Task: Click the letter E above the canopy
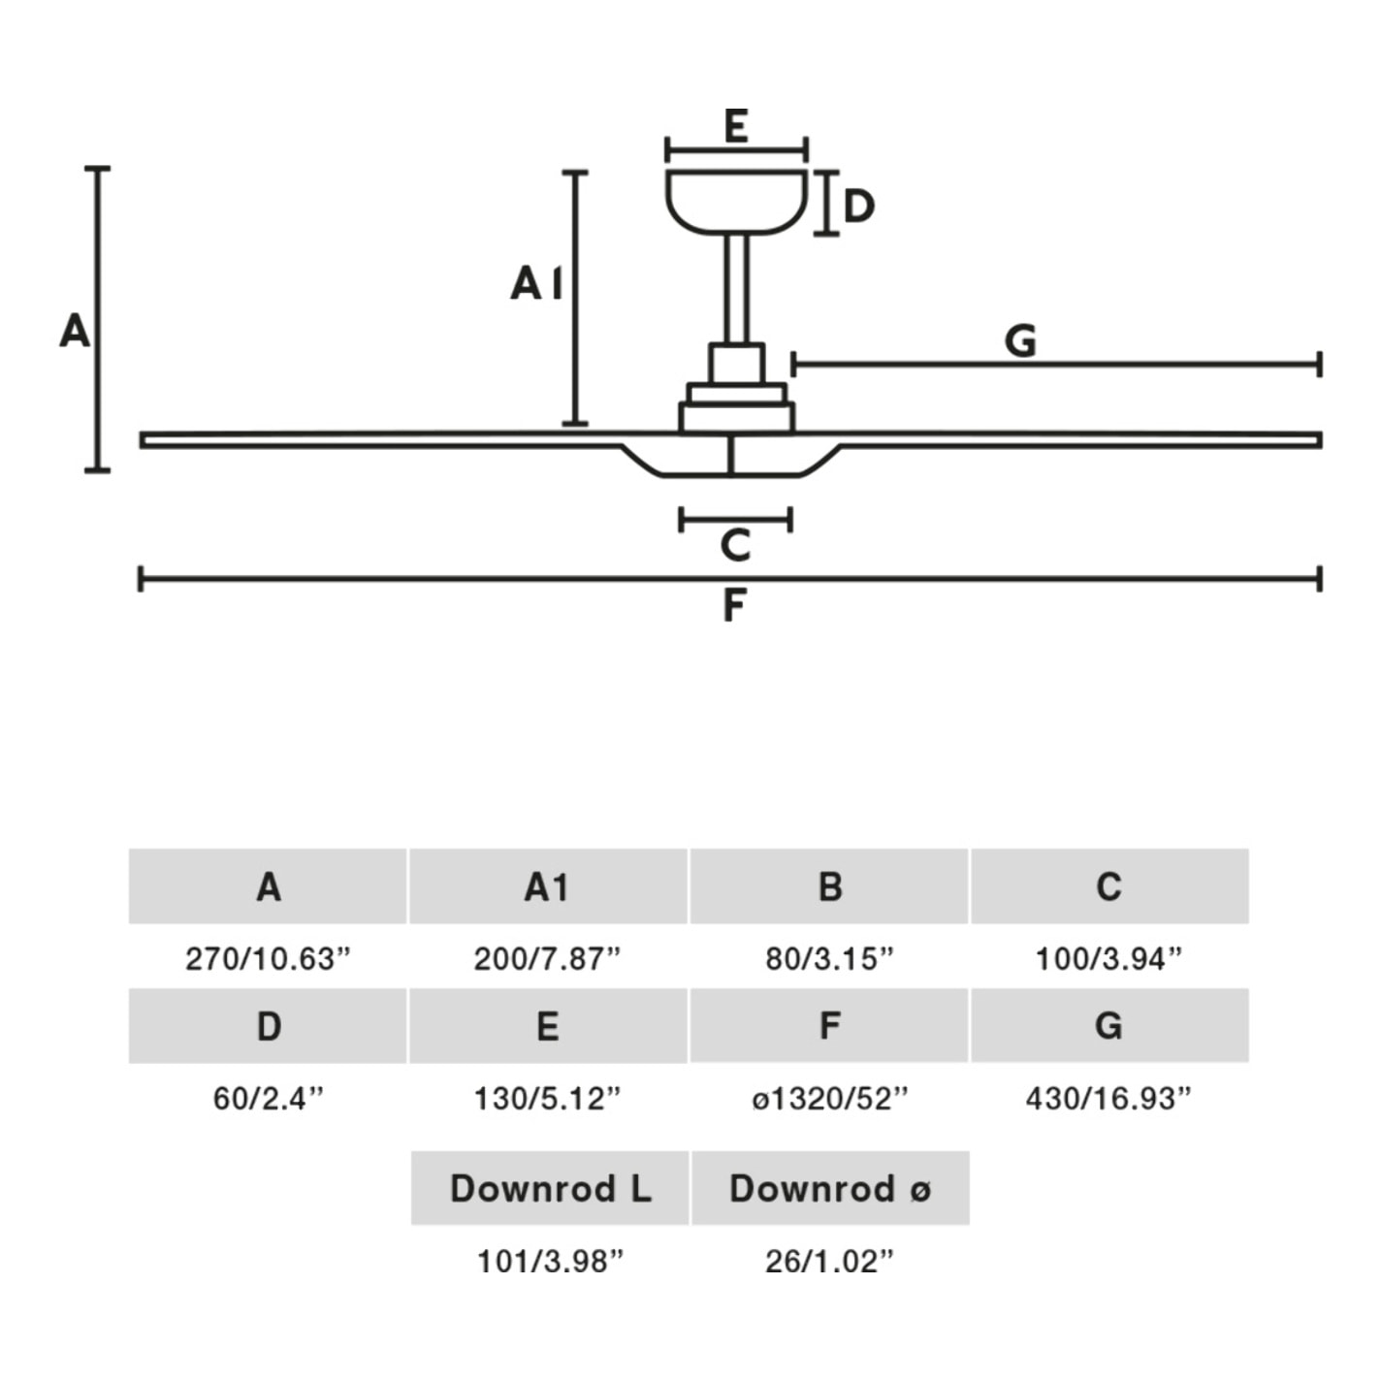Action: coord(736,126)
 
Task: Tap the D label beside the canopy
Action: coord(858,206)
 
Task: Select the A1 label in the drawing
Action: coord(536,283)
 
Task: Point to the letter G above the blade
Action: coord(1020,341)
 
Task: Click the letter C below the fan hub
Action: coord(735,545)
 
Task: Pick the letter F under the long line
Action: coord(734,606)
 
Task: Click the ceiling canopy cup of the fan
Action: coord(736,201)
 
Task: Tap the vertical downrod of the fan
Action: coord(736,288)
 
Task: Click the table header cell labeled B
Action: coord(829,886)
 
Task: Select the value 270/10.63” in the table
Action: coord(268,958)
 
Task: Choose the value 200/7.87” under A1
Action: coord(547,958)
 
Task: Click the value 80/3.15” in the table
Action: coord(829,958)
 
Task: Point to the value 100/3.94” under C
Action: coord(1108,958)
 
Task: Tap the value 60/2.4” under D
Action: coord(268,1098)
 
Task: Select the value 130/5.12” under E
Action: coord(547,1098)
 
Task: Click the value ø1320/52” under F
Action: coord(829,1098)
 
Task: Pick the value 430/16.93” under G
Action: coord(1108,1098)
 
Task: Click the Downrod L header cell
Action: coord(550,1188)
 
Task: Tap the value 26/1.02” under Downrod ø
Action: coord(829,1261)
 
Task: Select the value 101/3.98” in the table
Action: coord(550,1261)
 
